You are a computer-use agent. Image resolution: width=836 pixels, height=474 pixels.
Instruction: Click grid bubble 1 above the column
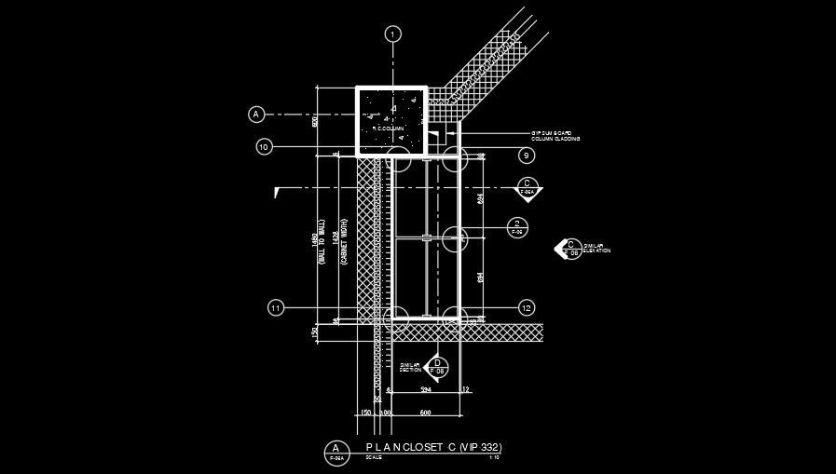[393, 34]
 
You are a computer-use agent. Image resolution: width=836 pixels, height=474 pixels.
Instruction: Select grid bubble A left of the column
[256, 115]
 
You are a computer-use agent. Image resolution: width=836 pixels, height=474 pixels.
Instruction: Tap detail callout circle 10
[264, 147]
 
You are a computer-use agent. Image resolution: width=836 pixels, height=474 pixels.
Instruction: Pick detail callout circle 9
[527, 156]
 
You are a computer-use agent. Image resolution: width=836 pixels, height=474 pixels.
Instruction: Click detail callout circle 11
[275, 308]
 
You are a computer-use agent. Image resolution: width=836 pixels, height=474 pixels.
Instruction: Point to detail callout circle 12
[527, 307]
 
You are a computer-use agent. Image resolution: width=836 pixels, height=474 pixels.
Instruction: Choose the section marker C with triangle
[528, 187]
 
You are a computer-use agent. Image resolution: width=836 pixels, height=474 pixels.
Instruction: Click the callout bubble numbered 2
[517, 224]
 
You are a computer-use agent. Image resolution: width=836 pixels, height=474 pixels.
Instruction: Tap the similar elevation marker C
[569, 248]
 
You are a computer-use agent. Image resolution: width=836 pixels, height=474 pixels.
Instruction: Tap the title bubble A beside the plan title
[335, 452]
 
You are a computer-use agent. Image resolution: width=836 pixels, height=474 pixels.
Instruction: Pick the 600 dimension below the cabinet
[425, 411]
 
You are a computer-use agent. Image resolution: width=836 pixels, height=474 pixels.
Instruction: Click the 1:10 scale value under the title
[495, 457]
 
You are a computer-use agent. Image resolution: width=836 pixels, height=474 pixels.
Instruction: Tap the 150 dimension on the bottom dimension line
[365, 411]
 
